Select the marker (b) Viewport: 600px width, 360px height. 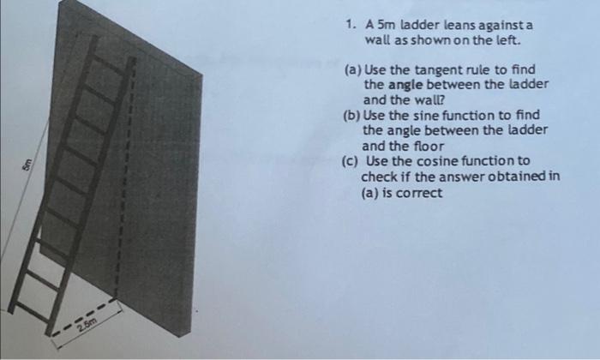pos(351,116)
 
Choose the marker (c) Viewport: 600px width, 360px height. pos(351,161)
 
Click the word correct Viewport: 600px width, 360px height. pos(417,192)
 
